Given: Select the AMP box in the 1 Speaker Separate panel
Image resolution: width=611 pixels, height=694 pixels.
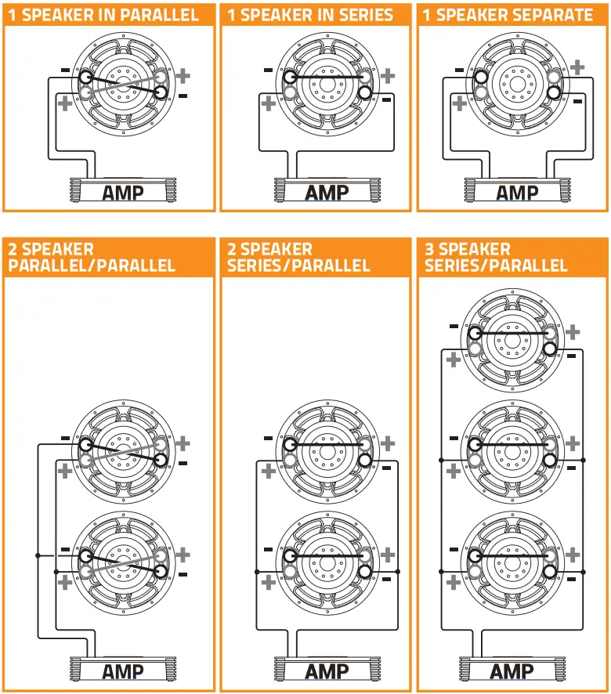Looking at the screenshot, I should [x=517, y=192].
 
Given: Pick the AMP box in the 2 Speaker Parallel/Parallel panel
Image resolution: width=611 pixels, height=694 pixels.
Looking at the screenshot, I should [x=123, y=671].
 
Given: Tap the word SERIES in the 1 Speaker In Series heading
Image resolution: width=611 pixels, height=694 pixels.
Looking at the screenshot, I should [x=356, y=16].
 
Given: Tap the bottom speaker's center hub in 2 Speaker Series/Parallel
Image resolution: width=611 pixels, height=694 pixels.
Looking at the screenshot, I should [x=326, y=555].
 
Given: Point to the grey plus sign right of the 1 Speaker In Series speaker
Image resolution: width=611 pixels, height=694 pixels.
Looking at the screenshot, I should [x=389, y=76].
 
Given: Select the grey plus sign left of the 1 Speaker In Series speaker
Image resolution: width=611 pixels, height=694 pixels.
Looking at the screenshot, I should [x=269, y=103].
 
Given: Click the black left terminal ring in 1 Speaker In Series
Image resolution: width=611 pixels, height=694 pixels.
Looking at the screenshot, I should [x=291, y=77].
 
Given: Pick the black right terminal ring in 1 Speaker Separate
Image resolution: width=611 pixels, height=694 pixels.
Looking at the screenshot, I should [x=554, y=92].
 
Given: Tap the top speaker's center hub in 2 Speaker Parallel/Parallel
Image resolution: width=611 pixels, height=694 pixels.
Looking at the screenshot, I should [x=123, y=452].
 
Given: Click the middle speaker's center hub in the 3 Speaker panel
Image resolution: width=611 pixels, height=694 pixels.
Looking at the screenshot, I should [x=512, y=444].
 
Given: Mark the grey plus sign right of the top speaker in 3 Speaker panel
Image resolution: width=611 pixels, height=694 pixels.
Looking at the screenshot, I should [x=573, y=332].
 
